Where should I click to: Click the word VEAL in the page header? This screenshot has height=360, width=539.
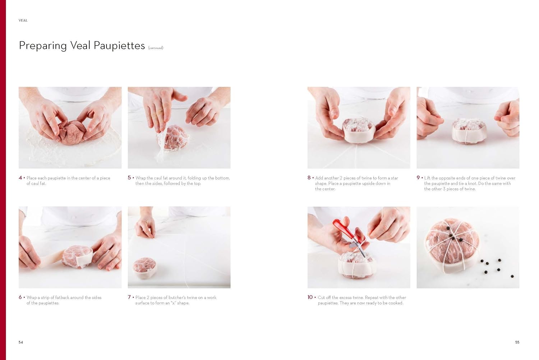click(x=23, y=20)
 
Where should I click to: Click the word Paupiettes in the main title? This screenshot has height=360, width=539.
click(x=119, y=46)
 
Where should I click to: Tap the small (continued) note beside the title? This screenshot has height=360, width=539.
click(x=156, y=48)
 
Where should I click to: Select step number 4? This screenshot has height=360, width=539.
click(x=20, y=177)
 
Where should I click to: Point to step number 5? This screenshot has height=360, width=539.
click(x=129, y=177)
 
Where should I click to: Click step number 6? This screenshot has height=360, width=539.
click(x=20, y=297)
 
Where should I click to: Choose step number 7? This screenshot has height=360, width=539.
click(x=129, y=297)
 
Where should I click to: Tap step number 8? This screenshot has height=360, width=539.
click(x=309, y=177)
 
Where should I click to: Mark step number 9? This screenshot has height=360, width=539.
click(x=418, y=177)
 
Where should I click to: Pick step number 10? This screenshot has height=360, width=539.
click(x=310, y=297)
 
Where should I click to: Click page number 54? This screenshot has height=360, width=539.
click(x=21, y=342)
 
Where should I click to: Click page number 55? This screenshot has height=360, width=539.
click(x=517, y=342)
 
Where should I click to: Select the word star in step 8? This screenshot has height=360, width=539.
click(x=395, y=178)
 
